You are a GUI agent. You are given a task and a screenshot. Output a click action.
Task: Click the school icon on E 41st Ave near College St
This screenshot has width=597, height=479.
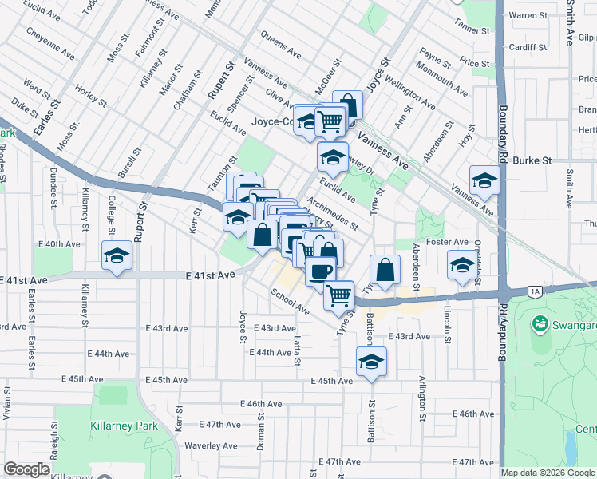tap(117, 255)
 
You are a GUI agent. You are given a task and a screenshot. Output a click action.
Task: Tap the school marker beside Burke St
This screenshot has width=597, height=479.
tap(484, 180)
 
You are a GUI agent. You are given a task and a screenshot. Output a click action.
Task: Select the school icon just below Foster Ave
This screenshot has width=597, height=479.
tap(461, 265)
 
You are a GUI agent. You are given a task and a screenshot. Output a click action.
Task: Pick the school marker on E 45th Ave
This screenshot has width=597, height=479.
tap(371, 361)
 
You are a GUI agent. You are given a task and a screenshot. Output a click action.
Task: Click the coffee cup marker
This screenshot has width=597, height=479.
tap(320, 271)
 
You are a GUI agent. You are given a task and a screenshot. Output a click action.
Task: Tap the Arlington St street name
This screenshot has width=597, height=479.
tap(421, 399)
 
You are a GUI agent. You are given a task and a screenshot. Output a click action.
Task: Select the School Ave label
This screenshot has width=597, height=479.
tap(290, 302)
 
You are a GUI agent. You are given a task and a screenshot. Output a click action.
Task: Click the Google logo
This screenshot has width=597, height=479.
tap(28, 469)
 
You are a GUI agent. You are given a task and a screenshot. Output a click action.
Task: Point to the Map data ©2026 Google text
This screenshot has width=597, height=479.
tap(548, 473)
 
